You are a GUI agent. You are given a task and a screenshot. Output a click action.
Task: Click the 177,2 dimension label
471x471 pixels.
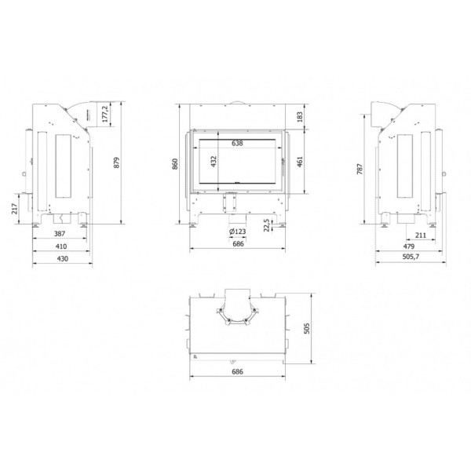click(105, 114)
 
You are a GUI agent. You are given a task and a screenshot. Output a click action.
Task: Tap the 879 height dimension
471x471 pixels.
click(116, 162)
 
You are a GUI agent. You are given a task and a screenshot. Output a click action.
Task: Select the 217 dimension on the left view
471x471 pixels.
click(14, 209)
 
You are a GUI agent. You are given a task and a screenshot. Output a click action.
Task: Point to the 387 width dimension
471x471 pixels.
click(60, 233)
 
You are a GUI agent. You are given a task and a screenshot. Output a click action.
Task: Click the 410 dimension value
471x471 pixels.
click(61, 246)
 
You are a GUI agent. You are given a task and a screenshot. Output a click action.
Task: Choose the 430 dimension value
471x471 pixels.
click(63, 258)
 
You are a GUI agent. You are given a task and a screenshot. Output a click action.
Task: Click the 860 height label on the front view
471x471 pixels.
click(175, 164)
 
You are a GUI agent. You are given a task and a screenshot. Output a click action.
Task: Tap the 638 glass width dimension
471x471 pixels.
click(237, 144)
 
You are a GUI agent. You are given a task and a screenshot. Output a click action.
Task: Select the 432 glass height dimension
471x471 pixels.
click(214, 162)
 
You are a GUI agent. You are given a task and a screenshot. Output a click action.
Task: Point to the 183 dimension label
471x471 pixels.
click(300, 117)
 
